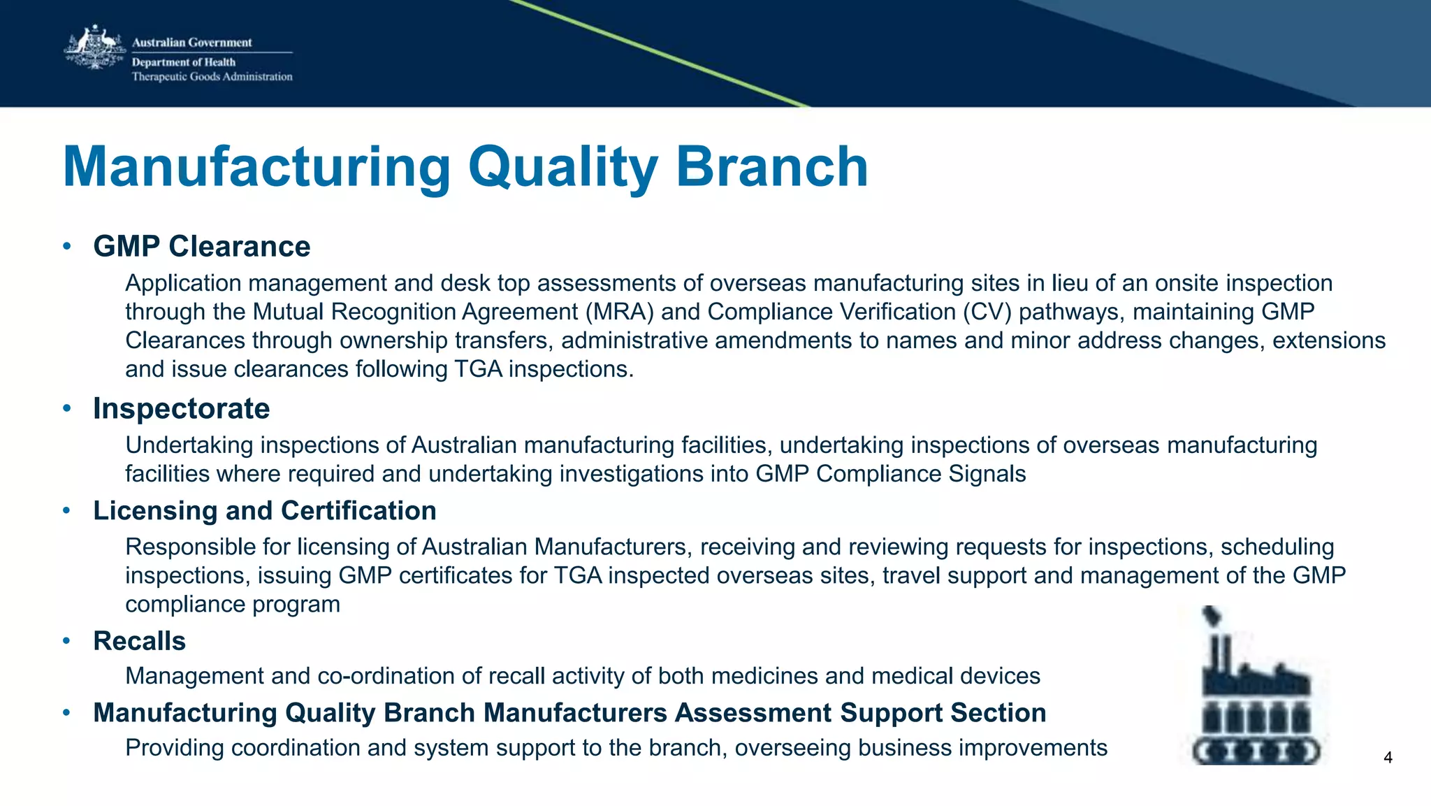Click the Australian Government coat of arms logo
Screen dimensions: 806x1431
coord(94,48)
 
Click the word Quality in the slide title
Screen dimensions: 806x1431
coord(562,168)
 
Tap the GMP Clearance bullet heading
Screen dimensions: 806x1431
coord(201,247)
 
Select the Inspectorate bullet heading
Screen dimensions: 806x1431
coord(181,409)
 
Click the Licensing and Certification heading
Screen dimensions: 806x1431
coord(265,511)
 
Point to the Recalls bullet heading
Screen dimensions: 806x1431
coord(139,641)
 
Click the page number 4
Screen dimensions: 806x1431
coord(1388,758)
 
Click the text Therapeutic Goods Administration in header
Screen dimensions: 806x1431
coord(212,77)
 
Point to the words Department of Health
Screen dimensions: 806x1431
coord(184,62)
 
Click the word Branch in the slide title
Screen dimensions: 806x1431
coord(771,168)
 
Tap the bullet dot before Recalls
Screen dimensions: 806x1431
coord(67,640)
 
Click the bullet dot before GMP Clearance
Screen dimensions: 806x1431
coord(67,246)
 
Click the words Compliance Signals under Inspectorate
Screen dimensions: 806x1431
coord(921,474)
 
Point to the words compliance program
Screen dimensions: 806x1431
coord(232,604)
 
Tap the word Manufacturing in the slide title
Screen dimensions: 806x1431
coord(257,168)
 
